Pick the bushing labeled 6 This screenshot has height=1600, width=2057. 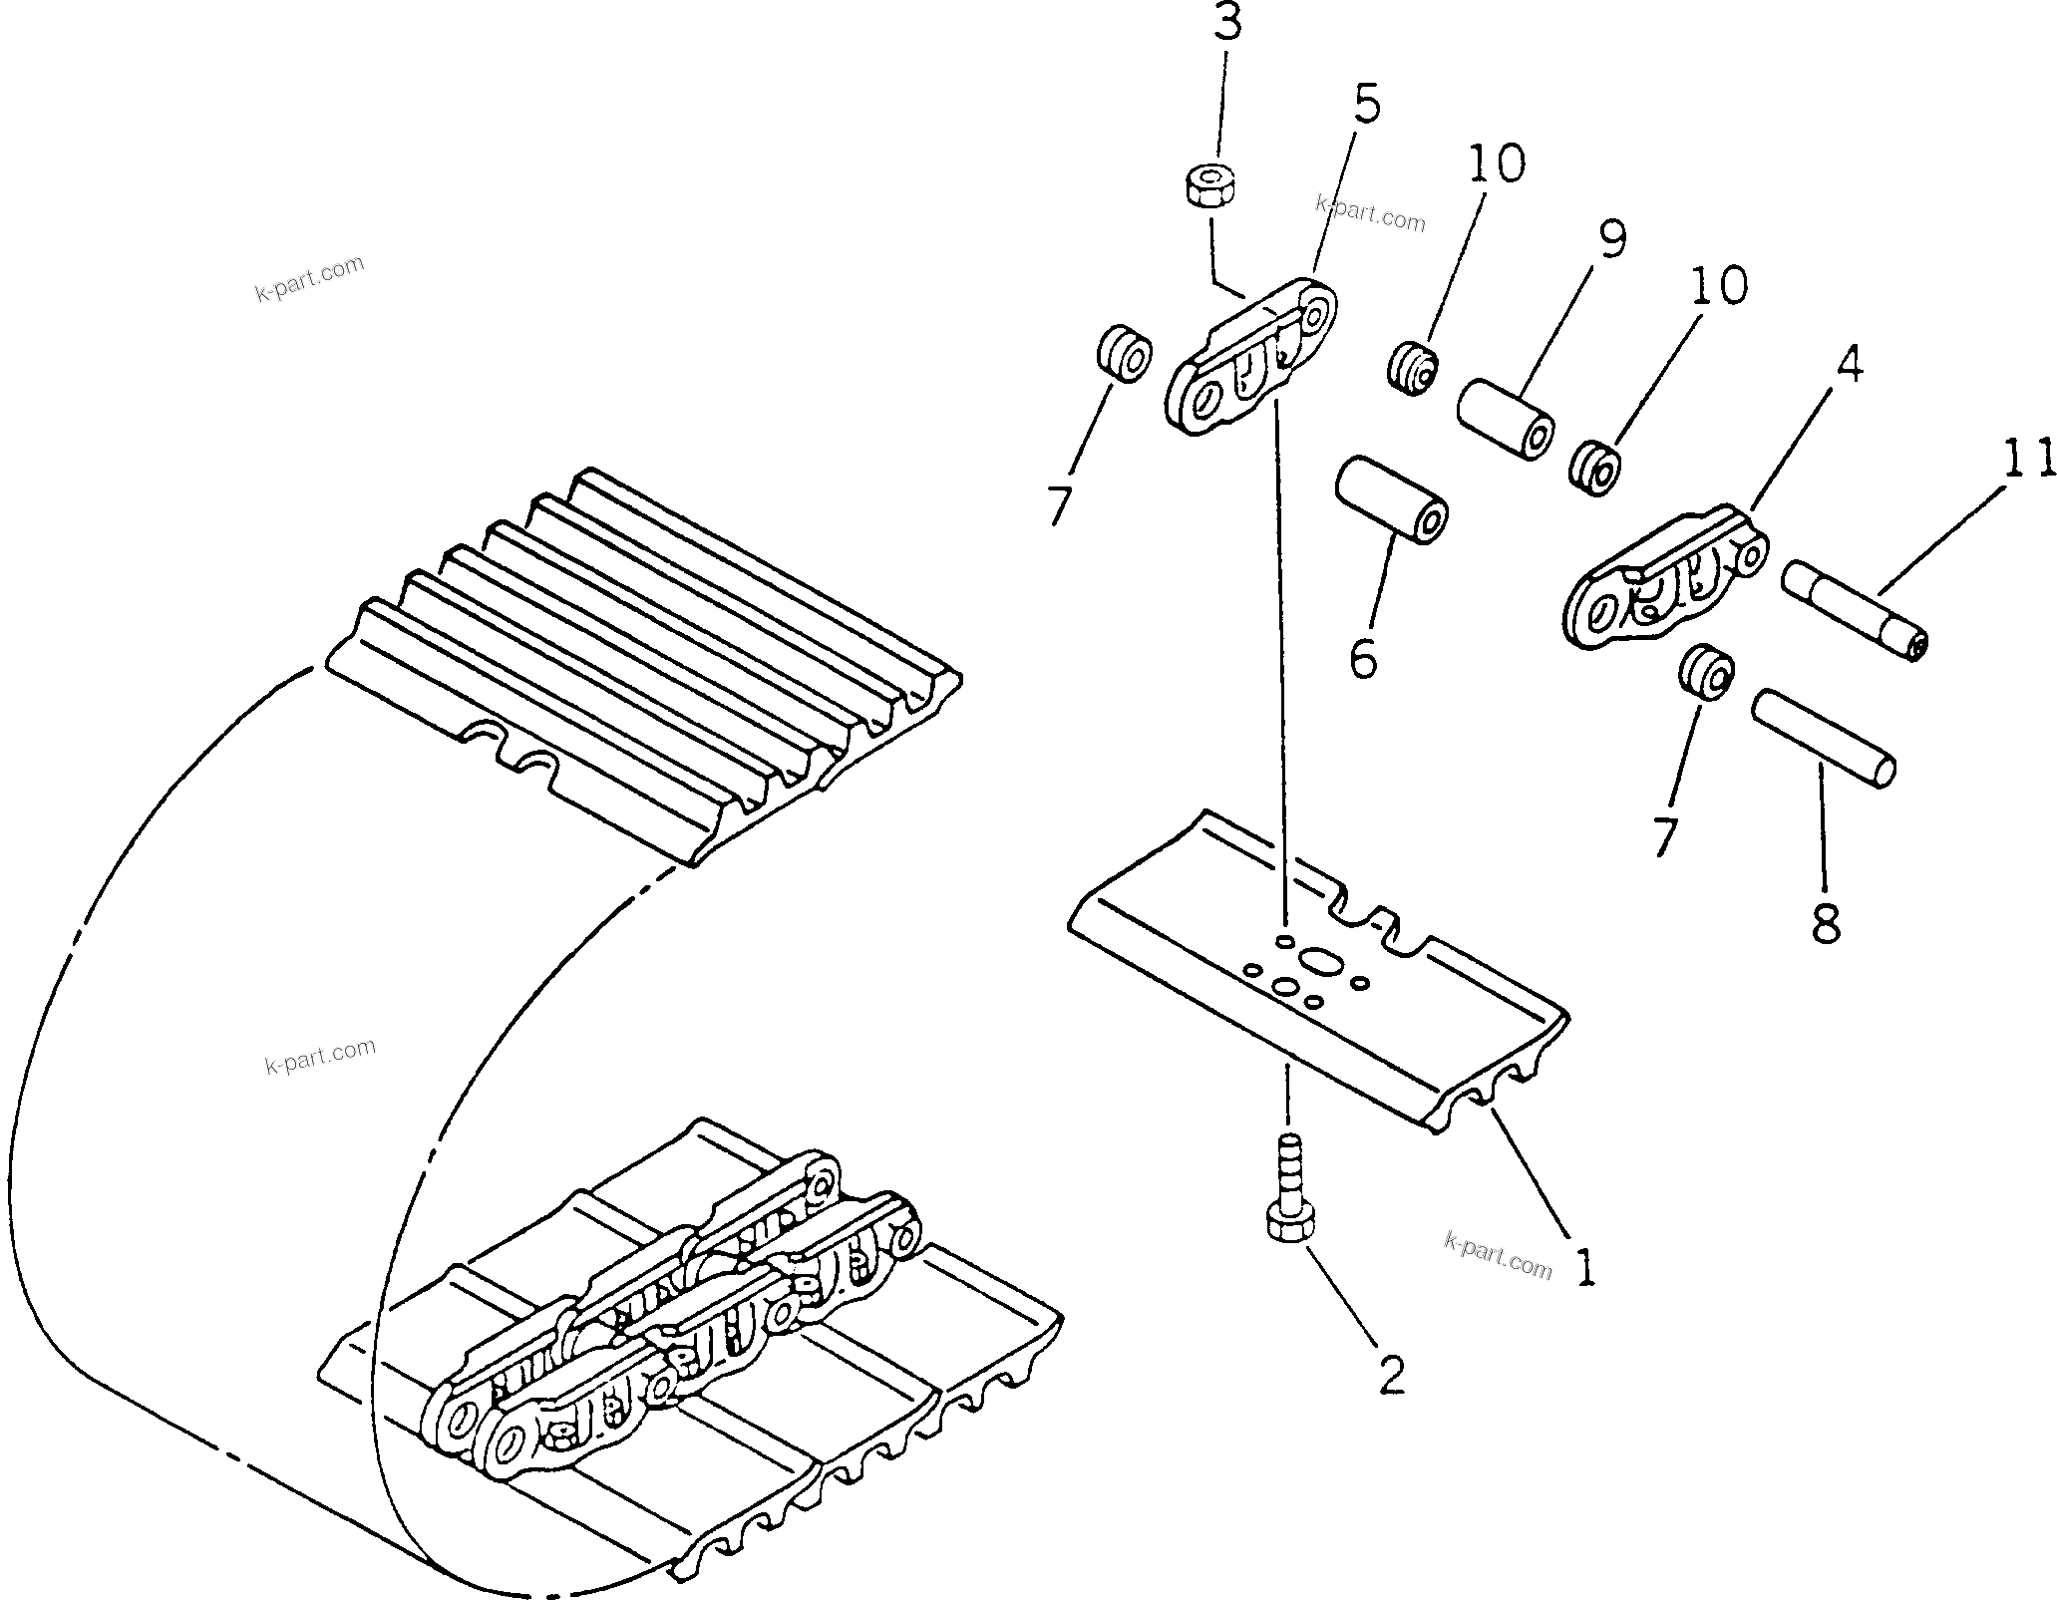tap(1391, 501)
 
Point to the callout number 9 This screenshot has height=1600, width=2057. tap(1607, 240)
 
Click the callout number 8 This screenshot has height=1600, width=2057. tap(1826, 922)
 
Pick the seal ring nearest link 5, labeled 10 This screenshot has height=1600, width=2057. tap(1413, 368)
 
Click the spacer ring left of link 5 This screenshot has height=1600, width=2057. tap(1124, 352)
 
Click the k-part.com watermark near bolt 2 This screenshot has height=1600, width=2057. tap(1498, 1254)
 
